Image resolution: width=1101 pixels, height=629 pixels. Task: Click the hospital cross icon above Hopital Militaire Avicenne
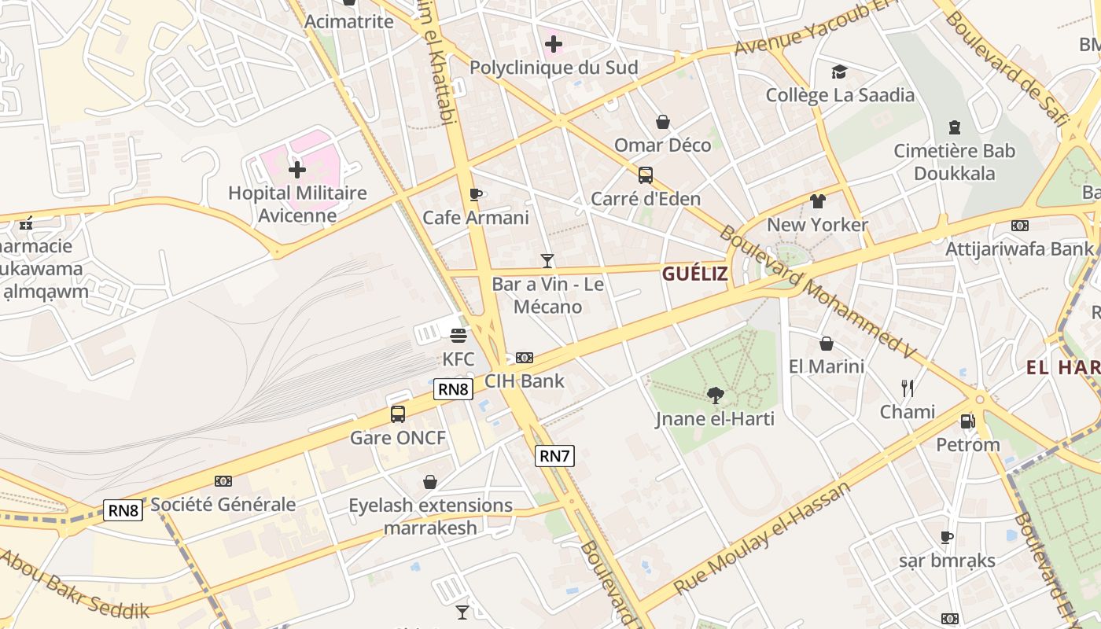pos(297,169)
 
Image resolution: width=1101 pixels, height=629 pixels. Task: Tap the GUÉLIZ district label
pos(694,274)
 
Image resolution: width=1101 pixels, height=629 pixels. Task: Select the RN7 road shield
pos(554,455)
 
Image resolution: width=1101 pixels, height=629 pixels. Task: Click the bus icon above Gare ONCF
pos(398,414)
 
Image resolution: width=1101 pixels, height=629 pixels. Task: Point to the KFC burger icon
pos(458,336)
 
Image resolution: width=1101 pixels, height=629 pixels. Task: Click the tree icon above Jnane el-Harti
pos(715,395)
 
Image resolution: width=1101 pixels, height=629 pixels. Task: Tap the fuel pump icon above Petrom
pos(967,421)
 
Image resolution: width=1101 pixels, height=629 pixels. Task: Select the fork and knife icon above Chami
pos(907,388)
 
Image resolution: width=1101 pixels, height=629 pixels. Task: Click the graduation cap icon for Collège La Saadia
pos(840,72)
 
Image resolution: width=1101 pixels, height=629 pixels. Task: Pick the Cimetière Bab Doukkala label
pos(954,161)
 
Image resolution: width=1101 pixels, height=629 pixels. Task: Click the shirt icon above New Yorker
pos(818,200)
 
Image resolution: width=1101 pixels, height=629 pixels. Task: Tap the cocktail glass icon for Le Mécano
pos(547,260)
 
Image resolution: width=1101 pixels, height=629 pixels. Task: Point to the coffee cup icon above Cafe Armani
pos(475,194)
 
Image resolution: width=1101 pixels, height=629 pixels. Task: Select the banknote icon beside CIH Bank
pos(525,358)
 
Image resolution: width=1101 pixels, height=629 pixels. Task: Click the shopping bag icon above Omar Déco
pos(663,122)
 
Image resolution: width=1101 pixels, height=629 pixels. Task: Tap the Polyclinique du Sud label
pos(554,68)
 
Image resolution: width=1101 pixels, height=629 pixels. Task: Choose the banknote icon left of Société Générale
pos(223,480)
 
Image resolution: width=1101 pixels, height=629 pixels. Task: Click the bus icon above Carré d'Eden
pos(645,175)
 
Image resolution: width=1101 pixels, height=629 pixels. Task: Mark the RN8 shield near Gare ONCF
pos(453,388)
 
